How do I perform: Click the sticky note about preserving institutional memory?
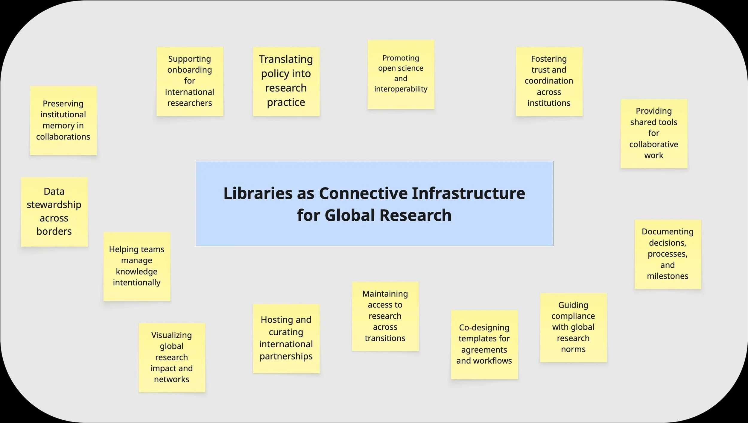(63, 120)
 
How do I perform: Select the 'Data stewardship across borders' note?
(54, 212)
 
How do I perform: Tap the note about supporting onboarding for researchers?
(190, 81)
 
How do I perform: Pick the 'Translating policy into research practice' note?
(286, 81)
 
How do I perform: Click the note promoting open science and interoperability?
(401, 74)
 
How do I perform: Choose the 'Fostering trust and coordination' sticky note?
(549, 81)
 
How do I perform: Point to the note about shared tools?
(654, 134)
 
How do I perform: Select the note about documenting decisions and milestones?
(668, 254)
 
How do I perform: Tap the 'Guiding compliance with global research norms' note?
(573, 327)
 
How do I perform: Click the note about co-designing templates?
(484, 344)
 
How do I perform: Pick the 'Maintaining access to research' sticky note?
(385, 316)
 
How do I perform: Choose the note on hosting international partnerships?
(286, 338)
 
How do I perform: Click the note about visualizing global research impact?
(171, 357)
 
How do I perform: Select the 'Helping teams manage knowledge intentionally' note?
(137, 266)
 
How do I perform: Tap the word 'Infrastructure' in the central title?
(469, 193)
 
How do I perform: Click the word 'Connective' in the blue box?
(363, 193)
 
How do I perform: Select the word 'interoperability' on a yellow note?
(401, 89)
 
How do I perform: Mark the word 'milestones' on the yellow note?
(668, 276)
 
